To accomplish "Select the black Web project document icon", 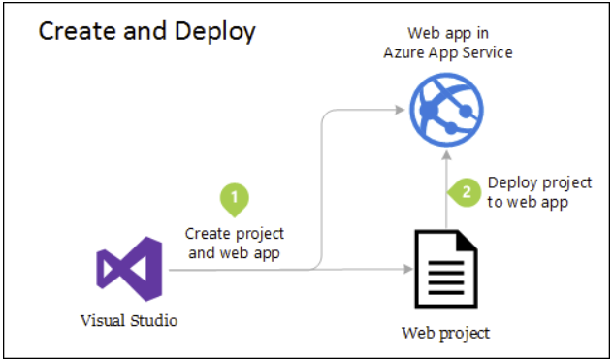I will pyautogui.click(x=445, y=268).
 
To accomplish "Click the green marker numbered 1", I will pyautogui.click(x=235, y=197).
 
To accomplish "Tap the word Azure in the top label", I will pyautogui.click(x=407, y=52).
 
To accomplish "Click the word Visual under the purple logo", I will pyautogui.click(x=103, y=318).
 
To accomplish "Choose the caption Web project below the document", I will pyautogui.click(x=445, y=334).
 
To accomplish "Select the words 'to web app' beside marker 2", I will pyautogui.click(x=527, y=203).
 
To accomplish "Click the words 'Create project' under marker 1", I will pyautogui.click(x=235, y=234).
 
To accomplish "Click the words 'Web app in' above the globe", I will pyautogui.click(x=446, y=34).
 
